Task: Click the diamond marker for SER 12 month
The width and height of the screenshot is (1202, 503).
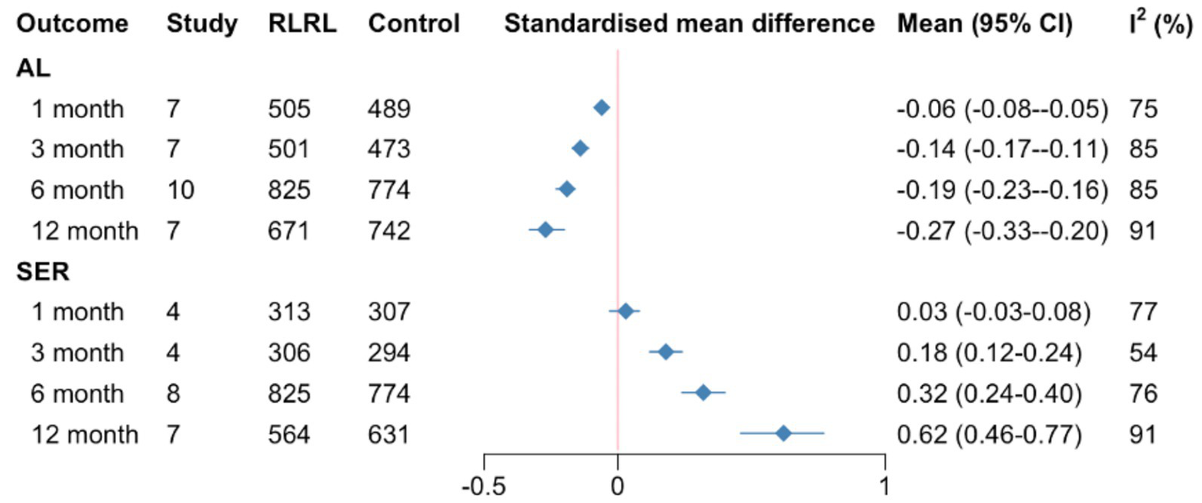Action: [x=783, y=433]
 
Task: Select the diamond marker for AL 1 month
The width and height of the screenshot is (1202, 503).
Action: [x=601, y=108]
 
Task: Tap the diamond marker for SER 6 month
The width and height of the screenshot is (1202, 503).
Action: [x=703, y=393]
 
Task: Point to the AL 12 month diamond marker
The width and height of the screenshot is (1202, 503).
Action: [x=546, y=230]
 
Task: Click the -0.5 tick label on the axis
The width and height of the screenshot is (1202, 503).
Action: [x=483, y=487]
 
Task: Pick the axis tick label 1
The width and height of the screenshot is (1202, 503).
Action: [x=884, y=487]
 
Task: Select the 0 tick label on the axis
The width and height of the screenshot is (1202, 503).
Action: [x=618, y=487]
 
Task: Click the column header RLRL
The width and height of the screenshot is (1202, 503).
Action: [x=302, y=24]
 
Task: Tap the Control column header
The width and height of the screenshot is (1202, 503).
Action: [x=413, y=24]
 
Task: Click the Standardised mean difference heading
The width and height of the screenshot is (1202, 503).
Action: [x=689, y=24]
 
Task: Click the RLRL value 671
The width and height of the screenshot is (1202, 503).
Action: [x=289, y=231]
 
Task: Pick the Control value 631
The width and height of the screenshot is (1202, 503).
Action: [x=388, y=434]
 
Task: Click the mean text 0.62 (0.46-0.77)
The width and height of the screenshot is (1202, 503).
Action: [x=989, y=434]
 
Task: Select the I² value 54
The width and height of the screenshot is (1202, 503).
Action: [x=1142, y=353]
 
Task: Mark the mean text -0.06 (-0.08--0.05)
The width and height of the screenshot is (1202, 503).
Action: [x=1002, y=109]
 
